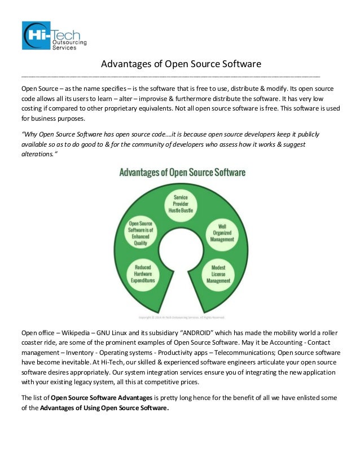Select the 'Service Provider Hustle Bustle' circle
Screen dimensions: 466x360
(x=180, y=204)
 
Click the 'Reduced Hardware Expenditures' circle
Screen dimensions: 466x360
(x=142, y=272)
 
